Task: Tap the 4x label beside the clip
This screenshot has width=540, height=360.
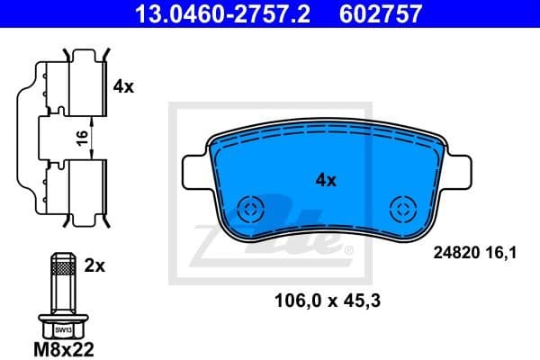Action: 123,87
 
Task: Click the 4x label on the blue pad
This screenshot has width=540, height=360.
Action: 325,180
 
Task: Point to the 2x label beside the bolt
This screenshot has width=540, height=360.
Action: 95,265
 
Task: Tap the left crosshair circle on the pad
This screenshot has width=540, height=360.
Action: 250,209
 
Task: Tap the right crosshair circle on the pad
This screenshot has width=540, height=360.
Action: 400,209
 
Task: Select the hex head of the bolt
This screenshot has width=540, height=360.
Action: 60,327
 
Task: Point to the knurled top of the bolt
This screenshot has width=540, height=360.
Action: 60,265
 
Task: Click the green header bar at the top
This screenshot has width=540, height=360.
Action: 270,13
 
